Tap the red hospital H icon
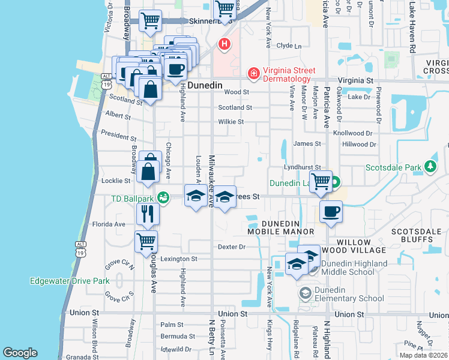224,43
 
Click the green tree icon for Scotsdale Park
430,166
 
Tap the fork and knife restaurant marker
146,213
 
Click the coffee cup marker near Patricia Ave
330,211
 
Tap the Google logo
20,353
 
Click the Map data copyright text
423,355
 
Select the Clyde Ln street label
288,45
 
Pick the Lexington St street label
181,259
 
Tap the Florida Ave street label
109,224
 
